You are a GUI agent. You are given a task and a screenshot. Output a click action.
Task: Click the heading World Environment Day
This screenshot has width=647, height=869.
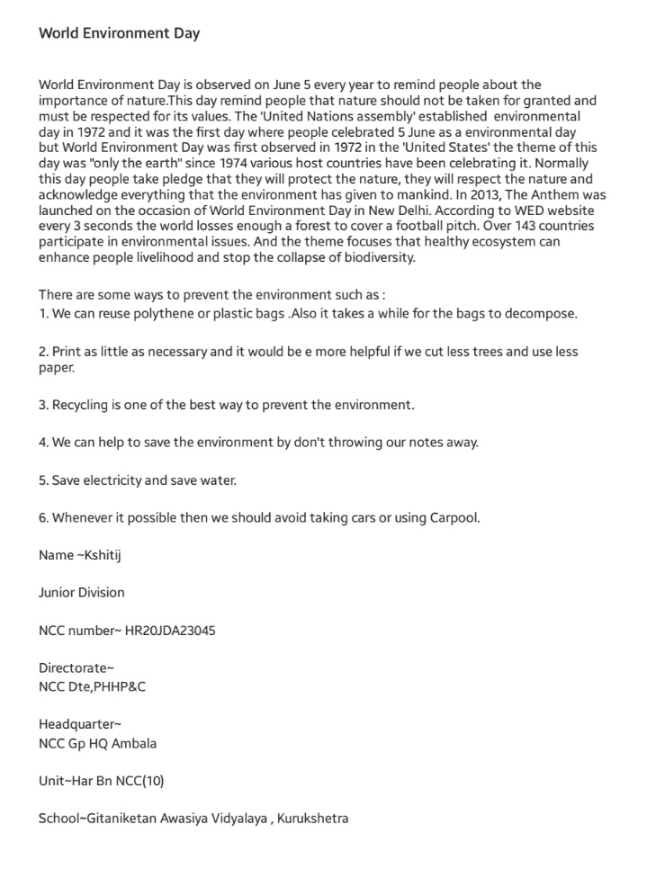pos(119,33)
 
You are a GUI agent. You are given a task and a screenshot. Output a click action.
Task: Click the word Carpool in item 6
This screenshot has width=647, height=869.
pos(453,518)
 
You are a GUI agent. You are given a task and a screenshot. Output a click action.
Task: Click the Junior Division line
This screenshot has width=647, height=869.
pos(81,593)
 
